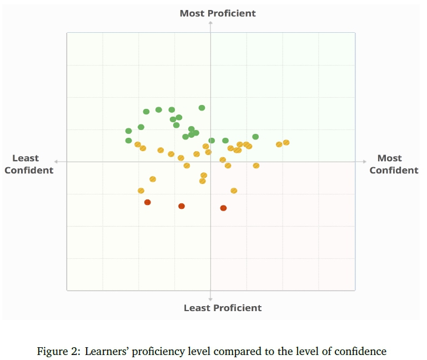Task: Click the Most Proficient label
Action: coord(218,13)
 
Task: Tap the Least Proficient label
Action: coord(223,308)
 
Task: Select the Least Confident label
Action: coord(29,164)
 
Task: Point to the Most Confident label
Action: coord(394,164)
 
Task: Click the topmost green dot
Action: coord(202,108)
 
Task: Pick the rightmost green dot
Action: coord(255,137)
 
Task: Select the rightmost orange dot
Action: coord(287,143)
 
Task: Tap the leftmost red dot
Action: coord(148,202)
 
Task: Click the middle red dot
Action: coord(182,206)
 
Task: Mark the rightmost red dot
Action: coord(223,208)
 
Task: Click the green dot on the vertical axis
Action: coord(212,141)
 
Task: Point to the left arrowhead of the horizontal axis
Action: coord(57,162)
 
